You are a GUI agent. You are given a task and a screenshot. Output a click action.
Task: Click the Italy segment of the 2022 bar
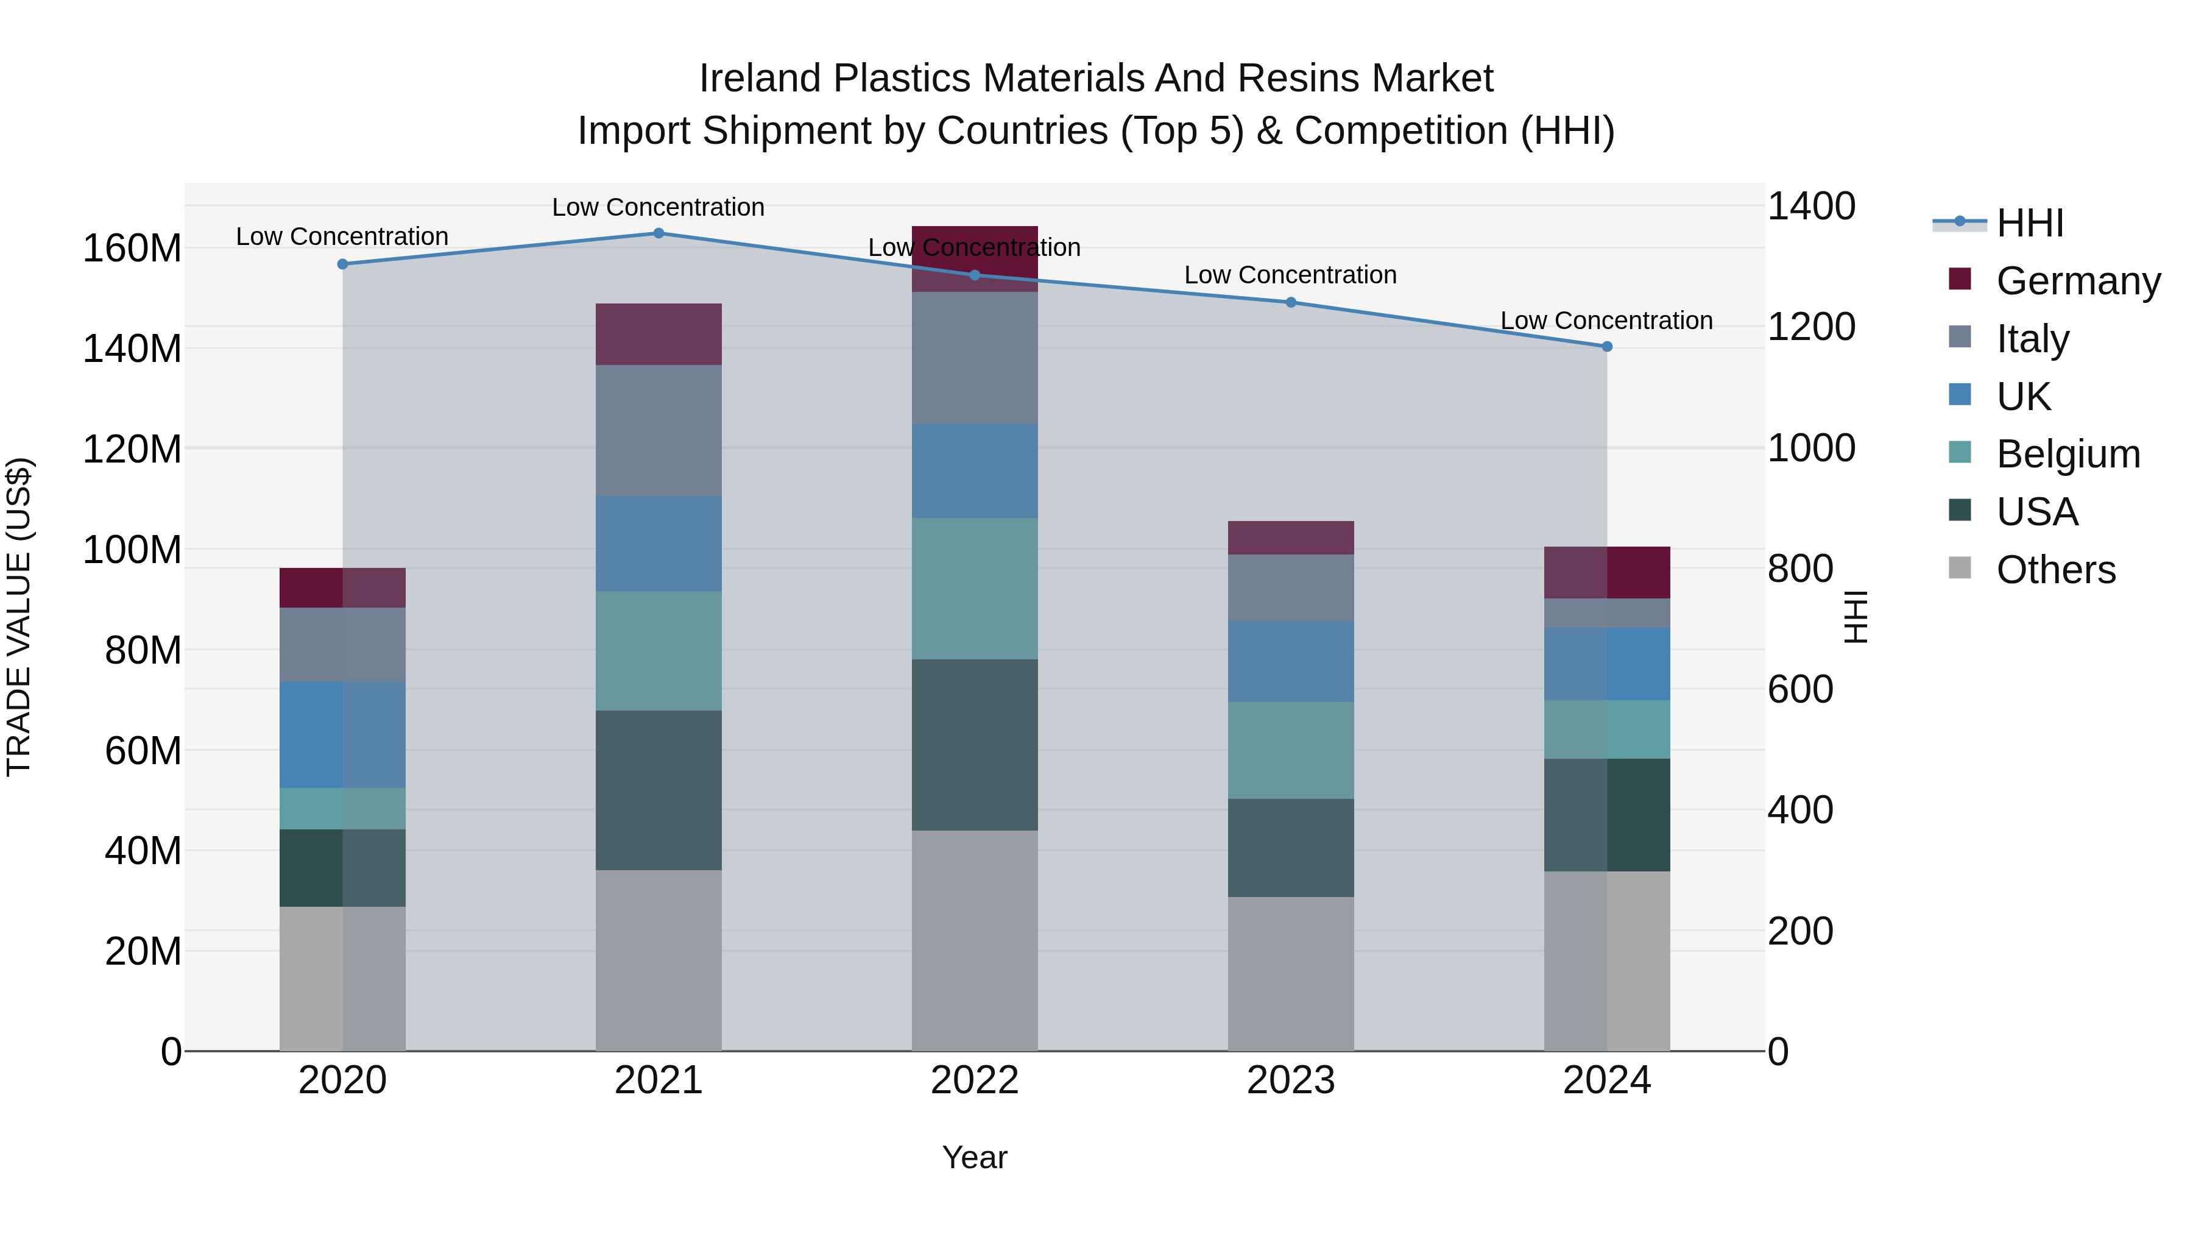coord(974,358)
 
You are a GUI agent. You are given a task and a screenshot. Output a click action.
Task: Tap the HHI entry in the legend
coord(2030,222)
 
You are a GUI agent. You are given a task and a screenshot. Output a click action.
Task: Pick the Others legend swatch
coord(1960,568)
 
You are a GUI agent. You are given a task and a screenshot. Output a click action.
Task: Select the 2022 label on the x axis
coord(974,1080)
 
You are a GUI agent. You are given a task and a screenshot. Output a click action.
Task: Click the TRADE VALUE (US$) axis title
coord(19,617)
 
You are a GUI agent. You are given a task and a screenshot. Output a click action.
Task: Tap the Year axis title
coord(974,1157)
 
